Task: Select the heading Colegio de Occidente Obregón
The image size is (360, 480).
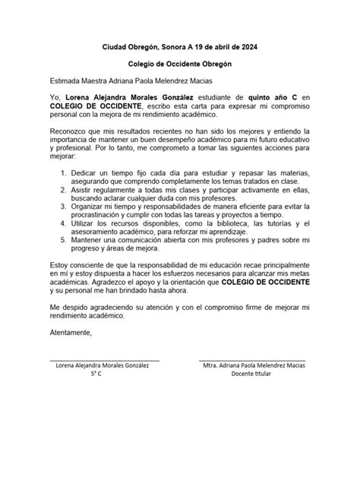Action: point(179,63)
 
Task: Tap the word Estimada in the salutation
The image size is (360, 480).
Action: point(67,81)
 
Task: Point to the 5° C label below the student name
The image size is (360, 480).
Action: point(96,374)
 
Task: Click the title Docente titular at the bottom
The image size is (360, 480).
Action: point(254,374)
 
